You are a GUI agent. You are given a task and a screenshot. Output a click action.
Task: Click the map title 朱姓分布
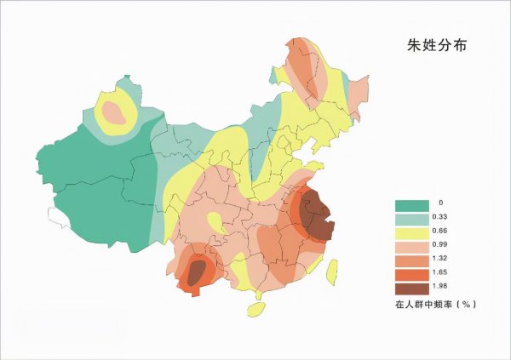click(x=437, y=43)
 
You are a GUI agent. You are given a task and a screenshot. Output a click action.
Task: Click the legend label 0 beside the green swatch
click(x=439, y=204)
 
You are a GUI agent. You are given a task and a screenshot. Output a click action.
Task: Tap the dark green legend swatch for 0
click(x=409, y=204)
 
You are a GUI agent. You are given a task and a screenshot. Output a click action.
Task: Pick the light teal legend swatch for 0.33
click(x=409, y=219)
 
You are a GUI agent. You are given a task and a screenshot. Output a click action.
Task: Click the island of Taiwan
click(x=333, y=271)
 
